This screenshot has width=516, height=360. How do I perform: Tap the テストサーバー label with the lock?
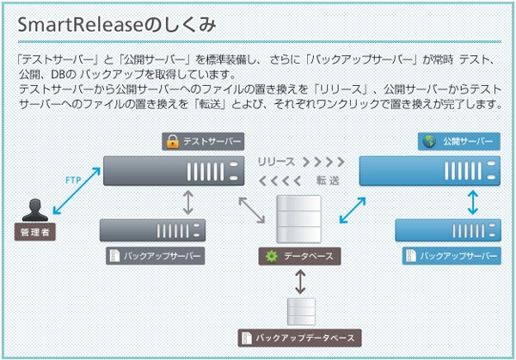(202, 141)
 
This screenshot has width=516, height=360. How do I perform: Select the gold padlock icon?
(172, 141)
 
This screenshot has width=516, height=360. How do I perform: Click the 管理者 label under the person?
(35, 233)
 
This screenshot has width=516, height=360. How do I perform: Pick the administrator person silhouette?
(35, 211)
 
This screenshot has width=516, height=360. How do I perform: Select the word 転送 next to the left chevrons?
(328, 180)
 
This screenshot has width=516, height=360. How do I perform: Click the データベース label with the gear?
(300, 256)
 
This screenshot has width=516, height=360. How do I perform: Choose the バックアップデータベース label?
(297, 338)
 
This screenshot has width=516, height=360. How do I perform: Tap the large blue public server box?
(428, 170)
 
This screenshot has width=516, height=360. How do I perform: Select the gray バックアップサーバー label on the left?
(156, 256)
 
